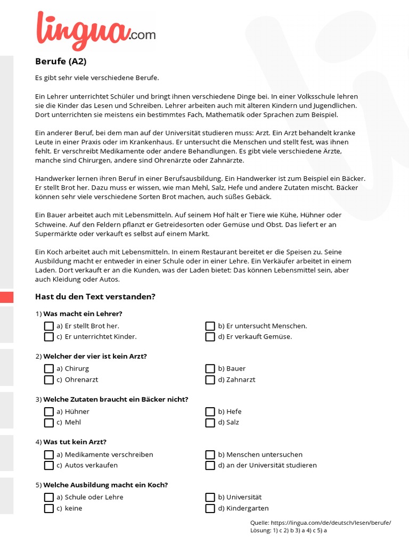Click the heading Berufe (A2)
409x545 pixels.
[61, 61]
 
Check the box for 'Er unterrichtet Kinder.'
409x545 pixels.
[49, 337]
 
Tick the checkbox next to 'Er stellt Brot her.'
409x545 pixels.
[49, 326]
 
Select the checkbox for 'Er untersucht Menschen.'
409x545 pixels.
[210, 326]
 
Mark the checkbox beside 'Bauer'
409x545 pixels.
[210, 369]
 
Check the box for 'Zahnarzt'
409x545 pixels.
[210, 379]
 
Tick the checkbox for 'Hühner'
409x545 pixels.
[49, 411]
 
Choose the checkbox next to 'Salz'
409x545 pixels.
[210, 423]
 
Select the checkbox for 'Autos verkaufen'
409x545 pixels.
[49, 465]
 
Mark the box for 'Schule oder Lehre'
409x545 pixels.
[49, 497]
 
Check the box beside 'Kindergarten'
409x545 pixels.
[210, 508]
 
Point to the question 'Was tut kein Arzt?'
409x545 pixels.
[75, 442]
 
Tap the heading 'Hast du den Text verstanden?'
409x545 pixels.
[95, 296]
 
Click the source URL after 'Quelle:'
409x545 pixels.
[331, 523]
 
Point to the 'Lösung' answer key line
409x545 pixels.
[289, 530]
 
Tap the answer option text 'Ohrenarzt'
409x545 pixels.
[81, 379]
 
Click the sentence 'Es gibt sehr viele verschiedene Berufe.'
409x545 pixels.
[97, 78]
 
